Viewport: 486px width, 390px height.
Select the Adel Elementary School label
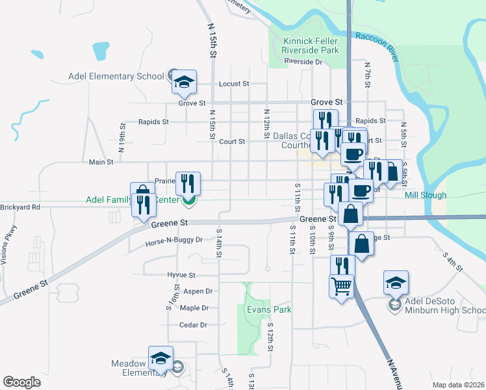coord(116,76)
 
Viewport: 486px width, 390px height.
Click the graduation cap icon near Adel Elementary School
coord(184,81)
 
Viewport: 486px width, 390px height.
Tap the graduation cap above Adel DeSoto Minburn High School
coord(396,282)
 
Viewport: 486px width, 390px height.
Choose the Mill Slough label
coord(426,195)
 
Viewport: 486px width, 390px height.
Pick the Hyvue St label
coord(181,276)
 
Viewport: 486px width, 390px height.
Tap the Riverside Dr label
coord(303,62)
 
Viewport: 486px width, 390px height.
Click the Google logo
coord(21,382)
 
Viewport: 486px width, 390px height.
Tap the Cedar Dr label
coord(193,325)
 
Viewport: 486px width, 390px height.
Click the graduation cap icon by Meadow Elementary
coord(160,358)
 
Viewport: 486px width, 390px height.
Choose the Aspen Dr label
coord(198,292)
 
